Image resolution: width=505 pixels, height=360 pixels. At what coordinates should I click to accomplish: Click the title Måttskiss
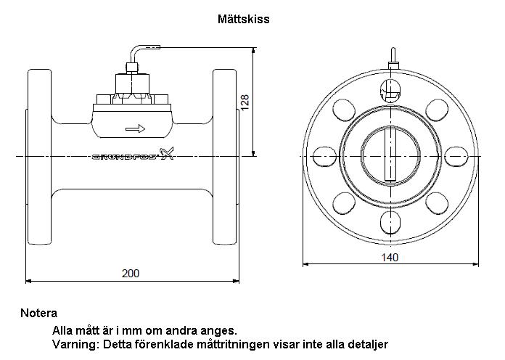pyautogui.click(x=244, y=19)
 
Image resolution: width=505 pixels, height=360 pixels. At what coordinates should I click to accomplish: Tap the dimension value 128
pyautogui.click(x=245, y=102)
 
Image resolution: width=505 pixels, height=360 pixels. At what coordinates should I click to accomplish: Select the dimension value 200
pyautogui.click(x=131, y=274)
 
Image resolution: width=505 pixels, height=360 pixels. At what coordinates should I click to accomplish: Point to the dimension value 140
pyautogui.click(x=390, y=257)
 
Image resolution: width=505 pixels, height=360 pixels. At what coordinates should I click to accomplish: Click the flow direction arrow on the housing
pyautogui.click(x=135, y=129)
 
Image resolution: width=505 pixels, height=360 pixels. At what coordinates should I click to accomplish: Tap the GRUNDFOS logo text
pyautogui.click(x=126, y=157)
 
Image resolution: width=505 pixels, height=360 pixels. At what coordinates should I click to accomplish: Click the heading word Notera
pyautogui.click(x=38, y=313)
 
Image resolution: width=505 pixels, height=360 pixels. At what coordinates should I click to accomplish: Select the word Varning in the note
pyautogui.click(x=74, y=344)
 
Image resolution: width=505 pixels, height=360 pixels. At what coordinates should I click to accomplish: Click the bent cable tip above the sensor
pyautogui.click(x=153, y=47)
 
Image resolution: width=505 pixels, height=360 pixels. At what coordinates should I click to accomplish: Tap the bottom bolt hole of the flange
pyautogui.click(x=390, y=222)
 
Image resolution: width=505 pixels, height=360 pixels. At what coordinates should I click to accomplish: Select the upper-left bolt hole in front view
pyautogui.click(x=344, y=110)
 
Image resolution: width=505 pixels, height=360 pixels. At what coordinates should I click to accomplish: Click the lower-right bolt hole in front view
pyautogui.click(x=437, y=204)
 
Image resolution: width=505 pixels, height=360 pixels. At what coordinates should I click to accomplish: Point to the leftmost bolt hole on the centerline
pyautogui.click(x=324, y=157)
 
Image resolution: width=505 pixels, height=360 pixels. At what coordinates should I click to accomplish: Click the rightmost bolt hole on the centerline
pyautogui.click(x=456, y=157)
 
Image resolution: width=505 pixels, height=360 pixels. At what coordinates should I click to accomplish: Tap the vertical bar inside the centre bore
pyautogui.click(x=390, y=153)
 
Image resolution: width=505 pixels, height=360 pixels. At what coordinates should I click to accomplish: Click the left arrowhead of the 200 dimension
pyautogui.click(x=28, y=281)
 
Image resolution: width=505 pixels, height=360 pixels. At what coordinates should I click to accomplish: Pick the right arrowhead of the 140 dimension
pyautogui.click(x=475, y=264)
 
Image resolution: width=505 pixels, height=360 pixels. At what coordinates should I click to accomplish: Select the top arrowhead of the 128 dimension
pyautogui.click(x=254, y=51)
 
